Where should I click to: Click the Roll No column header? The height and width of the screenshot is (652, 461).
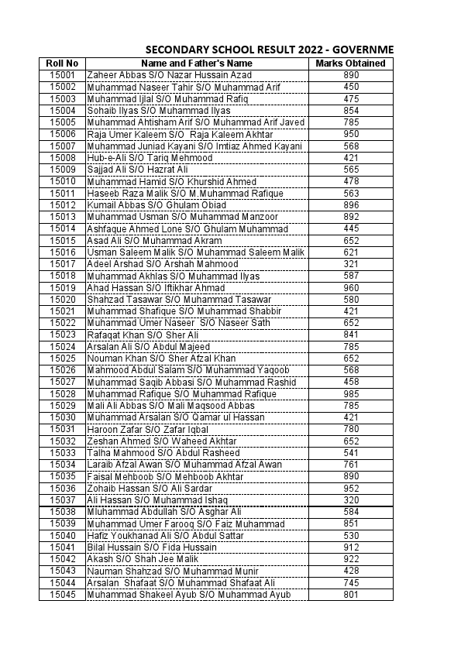[62, 63]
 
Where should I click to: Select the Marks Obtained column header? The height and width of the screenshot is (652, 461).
[351, 63]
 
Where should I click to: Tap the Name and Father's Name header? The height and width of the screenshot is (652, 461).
[197, 63]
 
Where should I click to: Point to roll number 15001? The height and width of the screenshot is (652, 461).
[62, 75]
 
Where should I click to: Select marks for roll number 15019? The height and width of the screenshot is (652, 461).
[351, 287]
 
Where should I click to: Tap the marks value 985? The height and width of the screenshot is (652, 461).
[351, 393]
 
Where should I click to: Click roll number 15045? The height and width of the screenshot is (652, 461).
[62, 594]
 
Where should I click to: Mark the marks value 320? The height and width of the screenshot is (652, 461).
[351, 499]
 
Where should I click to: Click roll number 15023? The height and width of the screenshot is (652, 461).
[62, 335]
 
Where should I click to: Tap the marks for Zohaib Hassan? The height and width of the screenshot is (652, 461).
[351, 488]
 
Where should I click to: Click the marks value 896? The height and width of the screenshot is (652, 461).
[351, 205]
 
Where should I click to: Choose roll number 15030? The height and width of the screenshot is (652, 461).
[62, 417]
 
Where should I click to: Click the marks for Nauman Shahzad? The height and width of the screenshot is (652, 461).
[351, 571]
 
